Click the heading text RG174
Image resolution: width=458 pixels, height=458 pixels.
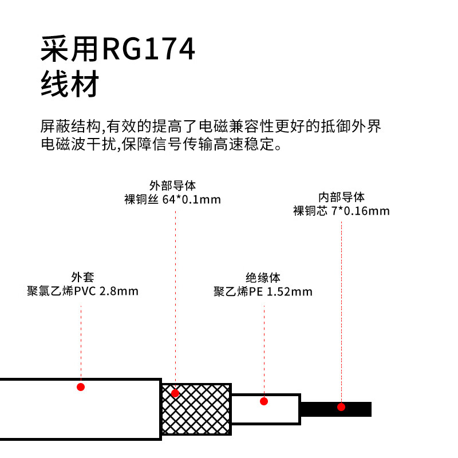148,50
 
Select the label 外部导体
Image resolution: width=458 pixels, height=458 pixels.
172,185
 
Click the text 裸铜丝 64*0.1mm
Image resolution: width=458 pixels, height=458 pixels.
172,200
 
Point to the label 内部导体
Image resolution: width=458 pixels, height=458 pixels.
341,196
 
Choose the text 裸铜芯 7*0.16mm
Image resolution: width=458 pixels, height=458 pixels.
341,211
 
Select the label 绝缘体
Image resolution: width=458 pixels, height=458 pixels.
263,278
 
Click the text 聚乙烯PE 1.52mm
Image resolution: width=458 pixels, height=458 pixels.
263,292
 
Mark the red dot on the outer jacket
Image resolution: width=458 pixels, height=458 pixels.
81,387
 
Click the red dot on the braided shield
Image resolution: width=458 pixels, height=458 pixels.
175,393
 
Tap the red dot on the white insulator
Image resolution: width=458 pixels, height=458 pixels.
264,401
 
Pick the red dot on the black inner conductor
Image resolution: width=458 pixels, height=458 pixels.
341,407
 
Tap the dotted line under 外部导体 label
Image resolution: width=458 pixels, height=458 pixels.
175,298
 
